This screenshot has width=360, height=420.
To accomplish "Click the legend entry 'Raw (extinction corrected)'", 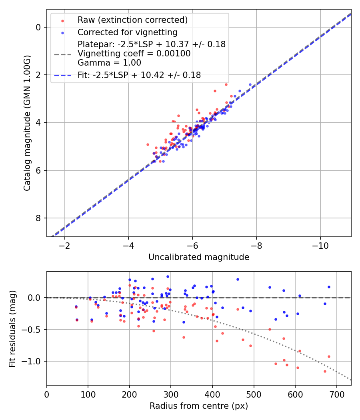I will click(132, 20).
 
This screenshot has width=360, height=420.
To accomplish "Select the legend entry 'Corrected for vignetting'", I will click(128, 32).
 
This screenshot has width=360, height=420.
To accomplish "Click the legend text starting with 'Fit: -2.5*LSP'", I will click(139, 74).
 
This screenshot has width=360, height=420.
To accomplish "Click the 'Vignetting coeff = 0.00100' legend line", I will click(134, 53).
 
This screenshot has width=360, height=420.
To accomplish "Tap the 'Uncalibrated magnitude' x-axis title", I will click(199, 257).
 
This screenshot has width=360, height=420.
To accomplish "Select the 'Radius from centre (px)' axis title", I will click(199, 406).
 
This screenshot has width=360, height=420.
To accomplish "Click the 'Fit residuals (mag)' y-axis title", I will click(12, 328).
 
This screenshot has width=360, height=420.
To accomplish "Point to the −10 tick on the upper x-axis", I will click(320, 245).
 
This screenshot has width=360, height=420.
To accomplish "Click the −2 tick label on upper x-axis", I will click(64, 245).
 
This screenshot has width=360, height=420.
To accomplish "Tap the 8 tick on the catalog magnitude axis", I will click(39, 218).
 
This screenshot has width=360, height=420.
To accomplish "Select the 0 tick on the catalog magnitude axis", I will click(39, 27).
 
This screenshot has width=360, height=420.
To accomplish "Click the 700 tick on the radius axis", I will click(336, 394).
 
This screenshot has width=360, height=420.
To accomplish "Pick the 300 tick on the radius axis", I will click(171, 394).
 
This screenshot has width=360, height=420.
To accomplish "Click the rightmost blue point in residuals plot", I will click(329, 287).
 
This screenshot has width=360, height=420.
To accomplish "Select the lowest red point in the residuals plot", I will click(325, 371).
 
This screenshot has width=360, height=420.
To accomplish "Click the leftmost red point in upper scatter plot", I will click(148, 144).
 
